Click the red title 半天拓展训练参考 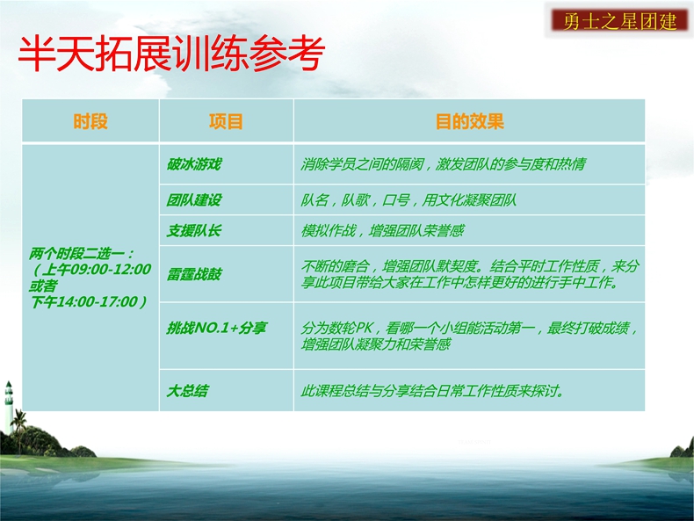coord(171,54)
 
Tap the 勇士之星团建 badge coord(619,21)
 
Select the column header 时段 coord(90,121)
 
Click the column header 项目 coord(226,121)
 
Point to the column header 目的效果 coord(470,121)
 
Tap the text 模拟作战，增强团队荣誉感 coord(382,230)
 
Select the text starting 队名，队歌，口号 coord(408,200)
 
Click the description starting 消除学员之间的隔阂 coord(443,164)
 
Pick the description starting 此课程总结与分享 coord(432,391)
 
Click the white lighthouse coord(9,407)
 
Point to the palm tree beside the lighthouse coord(19,430)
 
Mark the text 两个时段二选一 coord(81,254)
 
